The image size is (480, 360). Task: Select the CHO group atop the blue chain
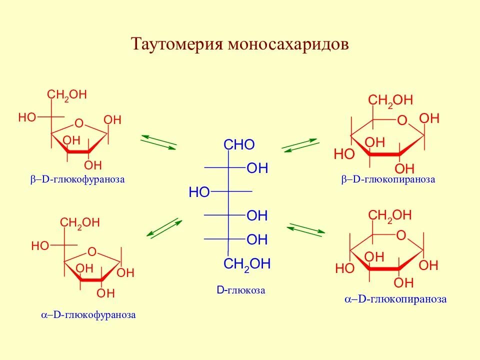tap(239, 145)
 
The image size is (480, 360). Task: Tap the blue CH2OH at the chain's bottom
tap(247, 264)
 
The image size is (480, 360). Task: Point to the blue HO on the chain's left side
tap(199, 192)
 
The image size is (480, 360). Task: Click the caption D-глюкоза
tap(241, 290)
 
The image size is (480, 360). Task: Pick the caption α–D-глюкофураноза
tap(88, 315)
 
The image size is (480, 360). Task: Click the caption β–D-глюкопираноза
tap(388, 179)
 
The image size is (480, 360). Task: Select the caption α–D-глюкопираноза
tap(395, 299)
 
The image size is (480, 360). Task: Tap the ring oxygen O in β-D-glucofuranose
tap(78, 123)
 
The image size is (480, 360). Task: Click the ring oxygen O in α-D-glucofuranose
tap(91, 251)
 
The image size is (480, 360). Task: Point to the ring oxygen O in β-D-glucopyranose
tap(402, 120)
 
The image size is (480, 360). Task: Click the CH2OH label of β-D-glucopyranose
tap(390, 100)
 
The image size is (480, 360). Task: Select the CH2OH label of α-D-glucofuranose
tap(80, 223)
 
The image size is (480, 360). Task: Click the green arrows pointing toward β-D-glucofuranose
tap(158, 141)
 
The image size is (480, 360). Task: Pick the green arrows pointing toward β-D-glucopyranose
tap(300, 144)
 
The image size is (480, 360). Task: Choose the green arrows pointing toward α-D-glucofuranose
tap(164, 227)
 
